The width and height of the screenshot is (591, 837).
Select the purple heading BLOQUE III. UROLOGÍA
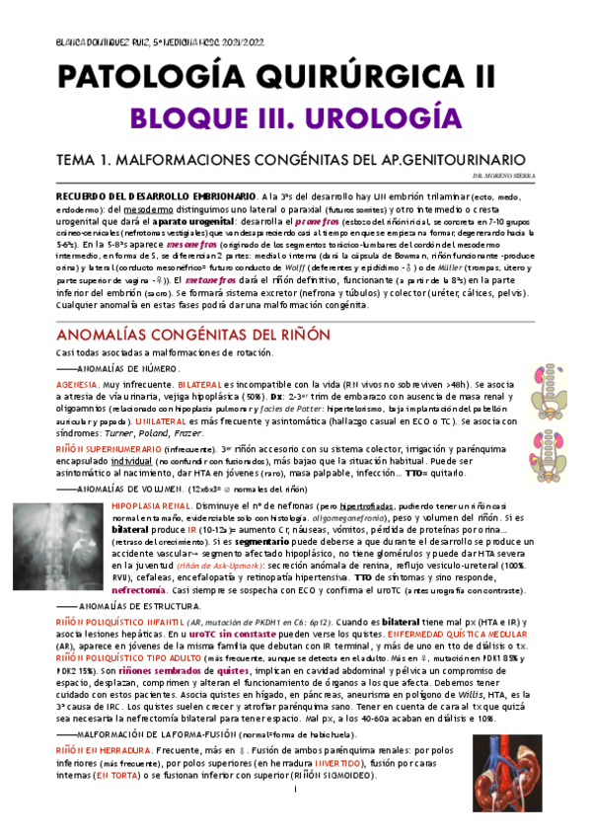pyautogui.click(x=296, y=118)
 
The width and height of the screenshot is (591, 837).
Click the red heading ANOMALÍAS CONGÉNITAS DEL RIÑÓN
pyautogui.click(x=193, y=335)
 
